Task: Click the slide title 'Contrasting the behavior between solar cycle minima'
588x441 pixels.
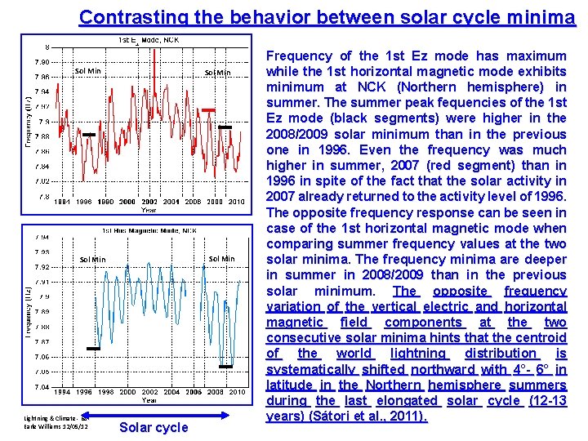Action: click(x=327, y=17)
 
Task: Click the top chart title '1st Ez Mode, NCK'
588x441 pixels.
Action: click(x=149, y=39)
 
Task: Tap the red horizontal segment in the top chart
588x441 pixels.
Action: click(x=209, y=109)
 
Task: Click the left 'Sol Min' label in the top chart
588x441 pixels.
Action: click(x=87, y=71)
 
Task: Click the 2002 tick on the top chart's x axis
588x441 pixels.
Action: click(x=149, y=202)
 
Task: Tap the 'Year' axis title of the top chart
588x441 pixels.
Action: click(x=148, y=210)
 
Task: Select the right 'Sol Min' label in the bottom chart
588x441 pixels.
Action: click(x=221, y=259)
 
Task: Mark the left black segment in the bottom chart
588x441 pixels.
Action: click(x=93, y=349)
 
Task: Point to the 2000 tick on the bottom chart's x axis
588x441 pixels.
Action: click(x=127, y=392)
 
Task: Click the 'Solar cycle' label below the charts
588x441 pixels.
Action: click(x=154, y=427)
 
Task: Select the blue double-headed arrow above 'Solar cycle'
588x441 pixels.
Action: click(x=154, y=413)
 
